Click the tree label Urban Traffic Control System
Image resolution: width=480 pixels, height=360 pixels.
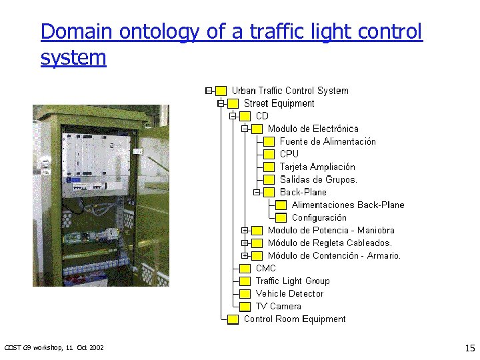(290, 91)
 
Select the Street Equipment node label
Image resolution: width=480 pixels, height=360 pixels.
(279, 103)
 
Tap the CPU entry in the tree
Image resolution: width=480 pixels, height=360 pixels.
(289, 154)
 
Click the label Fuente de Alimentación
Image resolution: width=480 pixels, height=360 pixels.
(327, 141)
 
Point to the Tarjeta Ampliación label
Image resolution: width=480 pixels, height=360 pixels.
(317, 167)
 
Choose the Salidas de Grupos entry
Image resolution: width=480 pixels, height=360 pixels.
(319, 179)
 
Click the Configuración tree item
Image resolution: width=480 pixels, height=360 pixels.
(319, 217)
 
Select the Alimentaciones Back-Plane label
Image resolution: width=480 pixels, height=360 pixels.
(348, 205)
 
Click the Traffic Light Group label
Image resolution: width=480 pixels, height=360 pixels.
(293, 281)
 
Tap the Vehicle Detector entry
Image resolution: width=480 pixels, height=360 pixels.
(289, 293)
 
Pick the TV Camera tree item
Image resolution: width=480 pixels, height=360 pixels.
(278, 306)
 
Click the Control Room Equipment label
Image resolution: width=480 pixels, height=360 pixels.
(295, 319)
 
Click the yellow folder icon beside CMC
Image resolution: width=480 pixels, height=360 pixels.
(245, 269)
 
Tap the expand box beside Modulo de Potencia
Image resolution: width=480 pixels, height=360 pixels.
(245, 231)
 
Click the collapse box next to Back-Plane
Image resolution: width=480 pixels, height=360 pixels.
(257, 193)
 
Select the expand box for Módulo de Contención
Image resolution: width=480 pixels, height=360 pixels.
(245, 256)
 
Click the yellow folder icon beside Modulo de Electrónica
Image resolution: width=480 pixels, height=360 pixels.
(257, 129)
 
